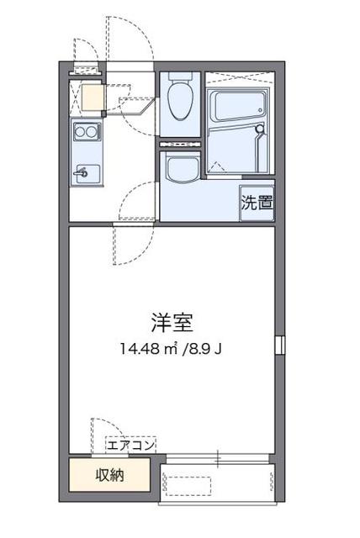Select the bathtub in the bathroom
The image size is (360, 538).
pyautogui.click(x=236, y=108)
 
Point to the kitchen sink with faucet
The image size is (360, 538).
pyautogui.click(x=85, y=173)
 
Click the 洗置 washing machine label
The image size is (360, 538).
pyautogui.click(x=257, y=203)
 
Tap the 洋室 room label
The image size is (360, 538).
pyautogui.click(x=173, y=321)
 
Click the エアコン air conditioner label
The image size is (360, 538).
pyautogui.click(x=130, y=446)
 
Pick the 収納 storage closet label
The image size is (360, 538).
pyautogui.click(x=109, y=476)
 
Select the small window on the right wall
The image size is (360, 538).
pyautogui.click(x=278, y=345)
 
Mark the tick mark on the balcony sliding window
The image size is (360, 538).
pyautogui.click(x=217, y=459)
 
